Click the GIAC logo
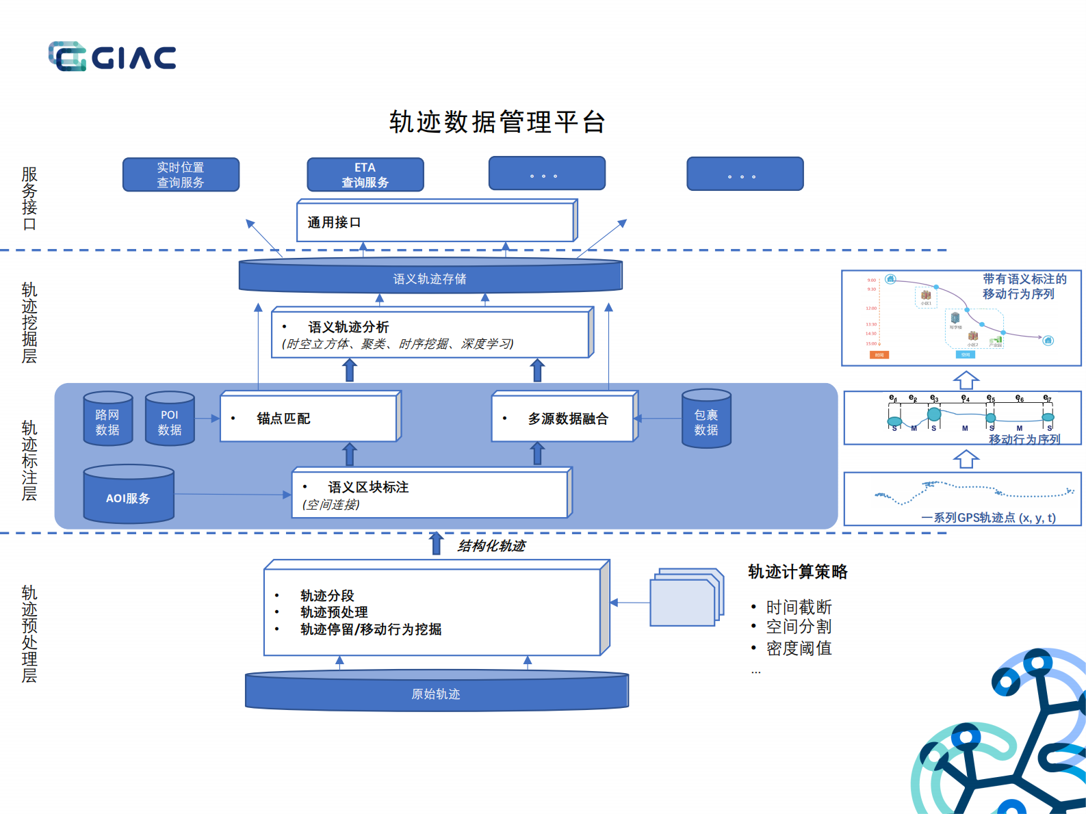(112, 57)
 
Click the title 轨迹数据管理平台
(497, 122)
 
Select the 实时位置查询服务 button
(181, 175)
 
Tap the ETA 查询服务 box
(365, 175)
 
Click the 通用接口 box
(435, 222)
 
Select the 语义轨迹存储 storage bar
(430, 278)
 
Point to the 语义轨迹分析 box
(431, 334)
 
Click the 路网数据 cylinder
(107, 419)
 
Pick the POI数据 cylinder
(170, 419)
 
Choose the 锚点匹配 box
(309, 418)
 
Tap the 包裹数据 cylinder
(706, 419)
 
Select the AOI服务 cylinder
(128, 495)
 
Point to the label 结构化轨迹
(491, 546)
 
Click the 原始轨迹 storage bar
(436, 693)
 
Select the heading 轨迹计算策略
(797, 572)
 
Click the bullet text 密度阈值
(799, 648)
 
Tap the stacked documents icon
(686, 597)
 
